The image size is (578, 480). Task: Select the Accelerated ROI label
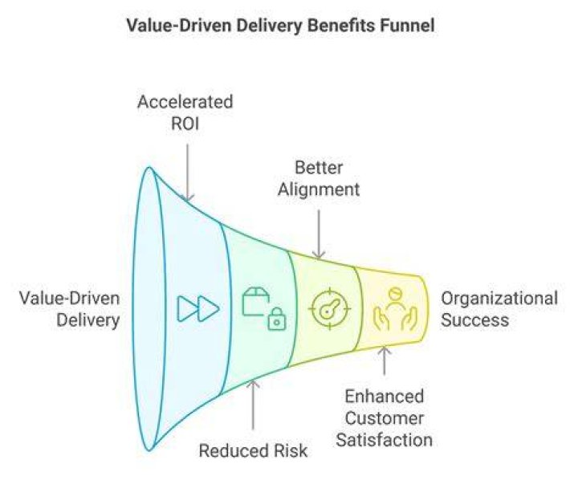tap(185, 113)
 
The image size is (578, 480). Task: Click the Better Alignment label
tap(319, 179)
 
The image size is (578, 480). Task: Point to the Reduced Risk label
tap(253, 451)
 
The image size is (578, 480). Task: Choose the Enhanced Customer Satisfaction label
tap(384, 418)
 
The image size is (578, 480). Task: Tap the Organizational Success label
tap(499, 309)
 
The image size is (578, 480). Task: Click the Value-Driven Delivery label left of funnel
tap(70, 309)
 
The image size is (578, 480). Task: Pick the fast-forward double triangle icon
tap(198, 308)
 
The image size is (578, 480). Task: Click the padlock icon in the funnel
tap(277, 319)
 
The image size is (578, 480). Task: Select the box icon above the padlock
tap(255, 302)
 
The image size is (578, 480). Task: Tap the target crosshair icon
tap(329, 308)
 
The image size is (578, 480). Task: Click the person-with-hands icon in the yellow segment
tap(395, 309)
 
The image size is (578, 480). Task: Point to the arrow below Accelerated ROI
tap(188, 173)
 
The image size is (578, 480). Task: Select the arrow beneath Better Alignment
tap(319, 234)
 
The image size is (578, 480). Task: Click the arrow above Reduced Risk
tap(253, 405)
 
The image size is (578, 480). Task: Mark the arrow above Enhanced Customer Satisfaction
tap(385, 360)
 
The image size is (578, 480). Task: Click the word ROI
tap(185, 124)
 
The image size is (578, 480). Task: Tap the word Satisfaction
tap(384, 440)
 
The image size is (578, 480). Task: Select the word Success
tap(474, 319)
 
